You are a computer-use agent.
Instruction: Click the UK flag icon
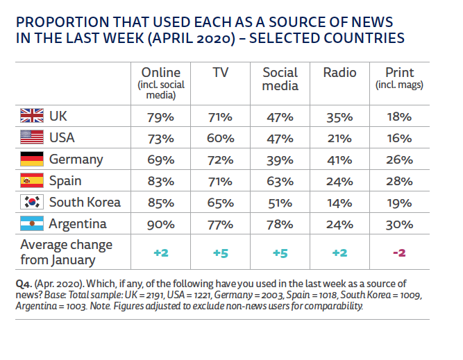click(x=32, y=116)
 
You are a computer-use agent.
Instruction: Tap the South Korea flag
click(x=32, y=203)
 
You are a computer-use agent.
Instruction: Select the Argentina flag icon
click(x=32, y=224)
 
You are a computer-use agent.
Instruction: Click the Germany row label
click(x=76, y=159)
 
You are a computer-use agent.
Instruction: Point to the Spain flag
click(x=32, y=181)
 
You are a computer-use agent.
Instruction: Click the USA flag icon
click(x=32, y=137)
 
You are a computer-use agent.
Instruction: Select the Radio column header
click(x=339, y=73)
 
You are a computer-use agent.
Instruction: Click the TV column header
click(x=220, y=73)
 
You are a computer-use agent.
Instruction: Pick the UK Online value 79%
click(x=160, y=116)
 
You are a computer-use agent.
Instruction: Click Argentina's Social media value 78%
click(x=280, y=224)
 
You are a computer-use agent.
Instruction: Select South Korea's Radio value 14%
click(x=339, y=203)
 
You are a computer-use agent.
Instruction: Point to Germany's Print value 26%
click(x=399, y=159)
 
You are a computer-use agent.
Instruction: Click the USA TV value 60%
click(x=220, y=137)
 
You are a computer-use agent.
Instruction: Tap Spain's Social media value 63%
click(x=280, y=181)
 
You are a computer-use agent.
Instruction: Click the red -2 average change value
click(x=399, y=252)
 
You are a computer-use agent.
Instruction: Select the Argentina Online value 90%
click(x=160, y=224)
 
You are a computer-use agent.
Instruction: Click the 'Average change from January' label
click(x=66, y=252)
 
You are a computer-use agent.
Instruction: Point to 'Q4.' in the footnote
click(x=23, y=284)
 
